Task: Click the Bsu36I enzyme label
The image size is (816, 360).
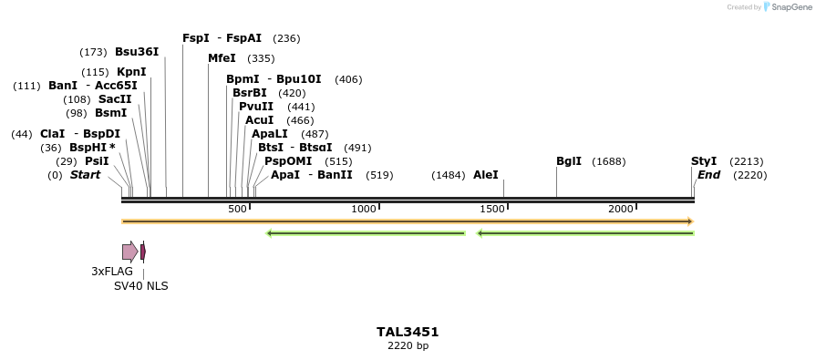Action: coord(137,52)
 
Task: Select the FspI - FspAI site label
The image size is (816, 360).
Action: coord(222,38)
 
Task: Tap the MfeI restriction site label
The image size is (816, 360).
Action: coord(222,58)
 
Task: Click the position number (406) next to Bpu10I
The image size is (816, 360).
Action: coord(348,79)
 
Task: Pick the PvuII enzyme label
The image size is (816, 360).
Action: coord(255,107)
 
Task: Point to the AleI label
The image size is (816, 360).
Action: coord(485,174)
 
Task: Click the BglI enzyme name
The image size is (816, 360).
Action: coord(569,161)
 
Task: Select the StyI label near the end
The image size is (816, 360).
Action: coord(704,161)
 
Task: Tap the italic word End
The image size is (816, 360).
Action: coord(708,174)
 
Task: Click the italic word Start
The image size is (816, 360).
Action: coord(85,174)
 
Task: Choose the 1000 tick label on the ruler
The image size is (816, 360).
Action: coord(364,210)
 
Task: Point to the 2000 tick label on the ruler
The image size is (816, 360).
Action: coord(621,210)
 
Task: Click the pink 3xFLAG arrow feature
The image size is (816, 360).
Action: coord(129,252)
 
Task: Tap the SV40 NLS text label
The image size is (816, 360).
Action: coord(140,285)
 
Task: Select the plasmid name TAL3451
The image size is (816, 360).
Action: coord(408,332)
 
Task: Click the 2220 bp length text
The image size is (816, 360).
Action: coord(408,345)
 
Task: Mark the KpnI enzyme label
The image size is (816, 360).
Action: coord(131,72)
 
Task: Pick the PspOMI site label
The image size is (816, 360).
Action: coord(288,161)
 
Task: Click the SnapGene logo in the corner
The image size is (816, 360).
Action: coord(784,7)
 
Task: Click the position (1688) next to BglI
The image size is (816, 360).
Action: coord(608,161)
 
